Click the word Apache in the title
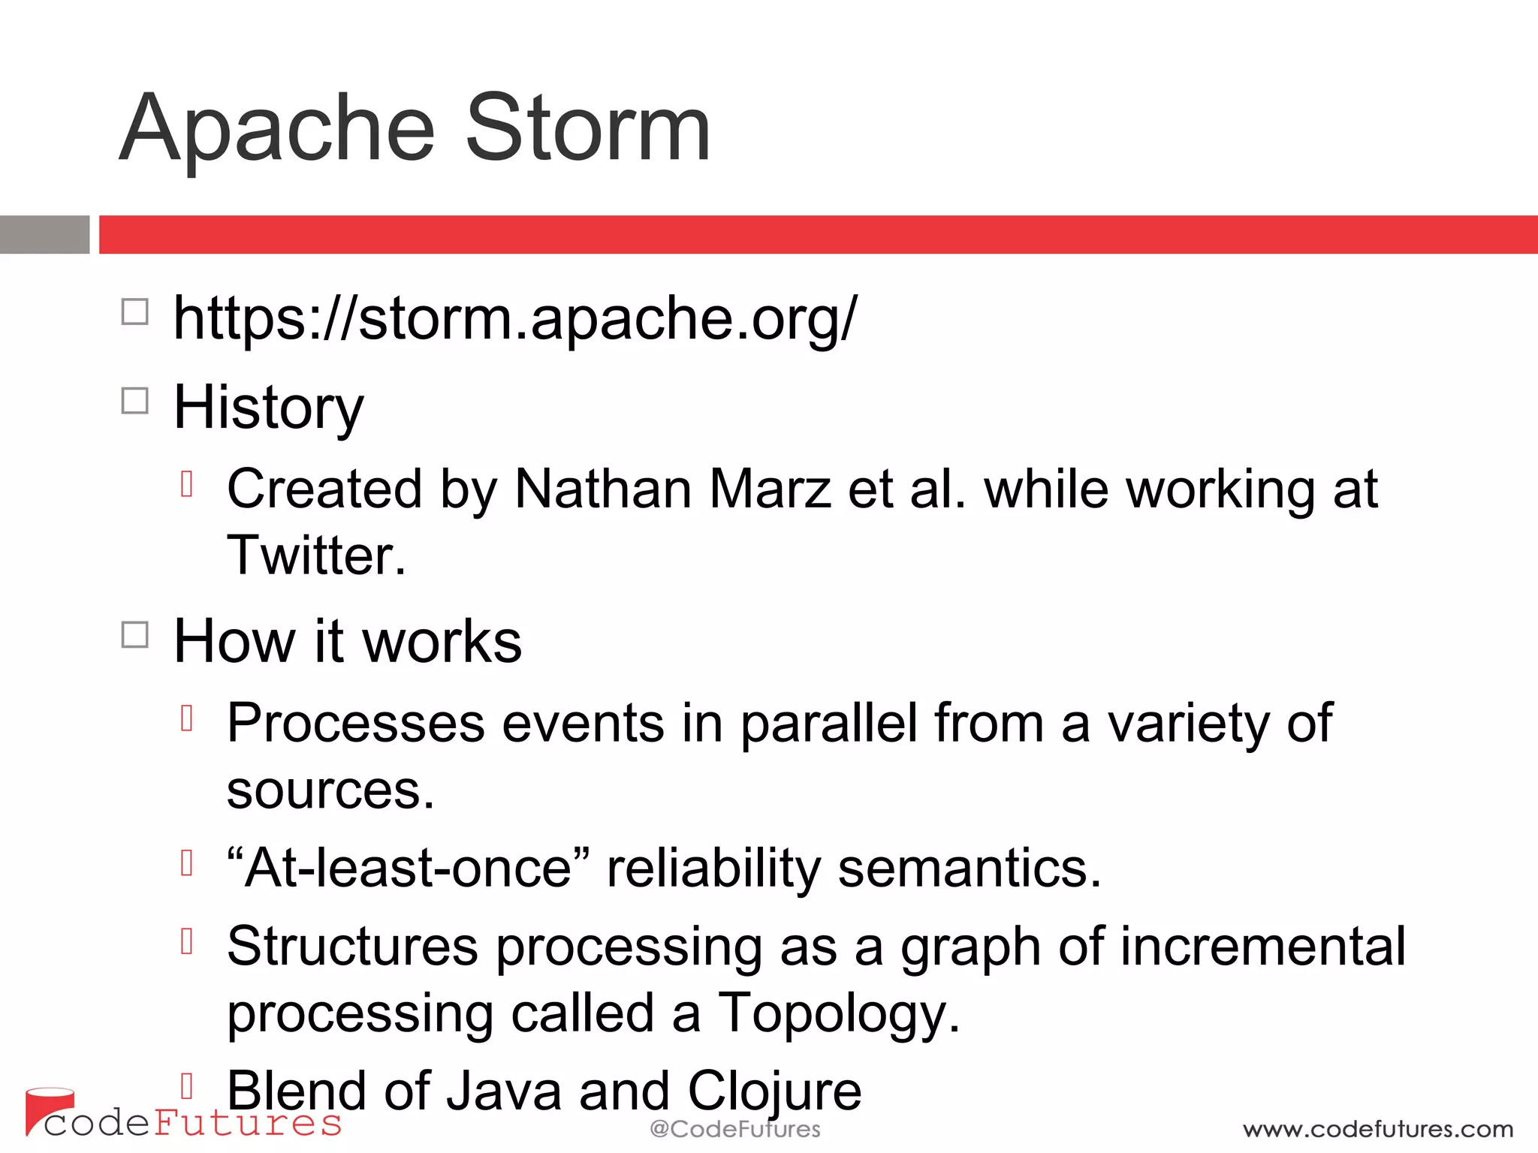277,129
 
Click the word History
268,408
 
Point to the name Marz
770,489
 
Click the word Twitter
315,555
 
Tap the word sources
330,790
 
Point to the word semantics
969,869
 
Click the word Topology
839,1013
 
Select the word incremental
1262,947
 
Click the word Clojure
774,1091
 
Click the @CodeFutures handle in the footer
734,1129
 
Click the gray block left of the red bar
44,235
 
